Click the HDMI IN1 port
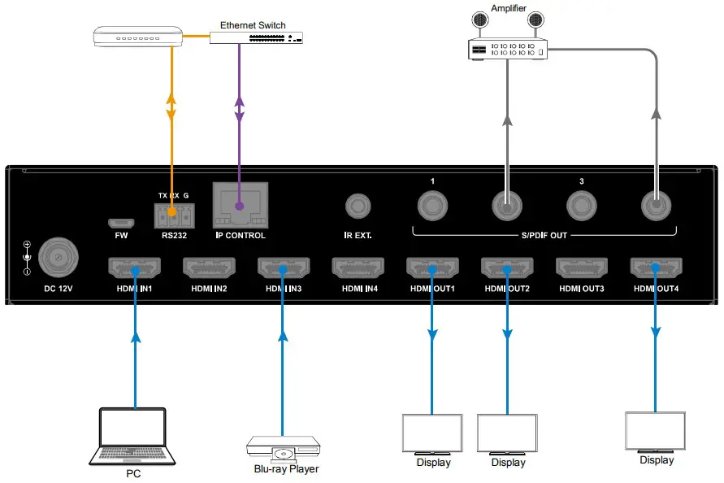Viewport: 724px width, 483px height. [135, 268]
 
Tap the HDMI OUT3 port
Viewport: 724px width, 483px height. [582, 268]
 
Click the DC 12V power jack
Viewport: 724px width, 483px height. [58, 258]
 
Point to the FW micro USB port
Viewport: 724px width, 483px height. [122, 223]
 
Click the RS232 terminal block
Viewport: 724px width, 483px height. [173, 215]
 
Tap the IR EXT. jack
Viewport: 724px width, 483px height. [358, 207]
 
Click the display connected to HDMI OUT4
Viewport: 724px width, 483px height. [655, 432]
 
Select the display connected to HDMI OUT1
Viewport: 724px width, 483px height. [432, 434]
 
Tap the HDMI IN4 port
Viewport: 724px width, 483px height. [358, 268]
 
